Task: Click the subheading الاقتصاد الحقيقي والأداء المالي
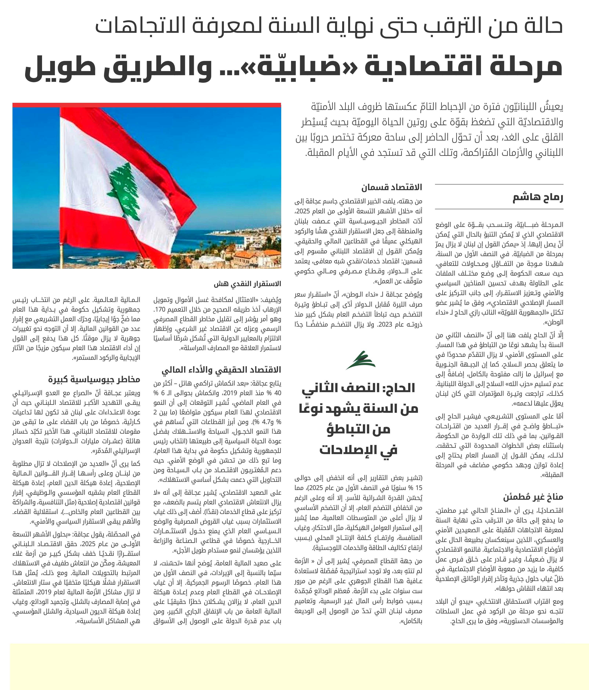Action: [x=221, y=370]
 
